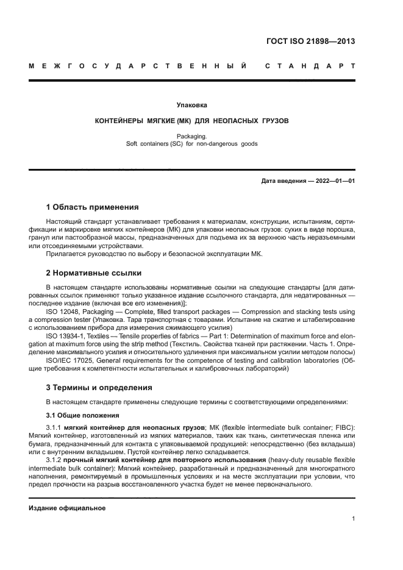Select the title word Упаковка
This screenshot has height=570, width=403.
(x=191, y=105)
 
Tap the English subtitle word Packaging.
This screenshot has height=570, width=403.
(x=191, y=137)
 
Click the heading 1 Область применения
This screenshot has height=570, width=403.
(x=92, y=207)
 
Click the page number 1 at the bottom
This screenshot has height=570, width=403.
(x=354, y=519)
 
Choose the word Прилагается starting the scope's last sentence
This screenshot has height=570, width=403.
(x=65, y=254)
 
